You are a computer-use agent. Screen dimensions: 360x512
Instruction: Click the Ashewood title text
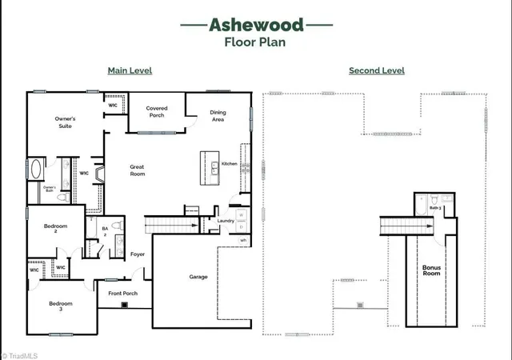point(256,25)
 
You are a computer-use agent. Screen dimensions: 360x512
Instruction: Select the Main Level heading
point(130,70)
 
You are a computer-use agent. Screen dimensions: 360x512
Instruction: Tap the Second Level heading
point(376,70)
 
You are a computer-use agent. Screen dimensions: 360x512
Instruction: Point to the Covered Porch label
point(157,112)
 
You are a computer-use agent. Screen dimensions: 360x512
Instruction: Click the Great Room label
point(138,170)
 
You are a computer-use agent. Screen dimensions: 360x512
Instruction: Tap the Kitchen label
point(229,164)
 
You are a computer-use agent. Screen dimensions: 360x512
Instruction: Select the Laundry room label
point(225,221)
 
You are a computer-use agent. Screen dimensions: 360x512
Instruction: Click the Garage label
point(198,277)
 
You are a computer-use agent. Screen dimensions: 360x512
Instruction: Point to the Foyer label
point(138,254)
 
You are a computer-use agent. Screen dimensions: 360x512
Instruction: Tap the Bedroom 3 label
point(61,305)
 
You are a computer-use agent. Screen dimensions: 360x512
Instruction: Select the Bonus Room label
point(431,270)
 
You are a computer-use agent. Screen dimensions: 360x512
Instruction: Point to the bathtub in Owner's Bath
point(36,170)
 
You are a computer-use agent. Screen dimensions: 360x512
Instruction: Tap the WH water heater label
point(242,240)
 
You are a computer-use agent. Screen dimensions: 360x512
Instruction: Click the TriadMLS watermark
point(20,354)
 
